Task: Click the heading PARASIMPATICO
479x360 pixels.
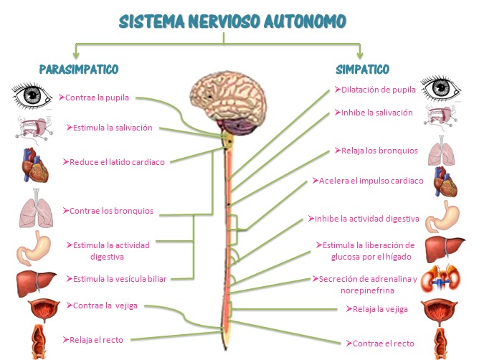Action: pos(79,70)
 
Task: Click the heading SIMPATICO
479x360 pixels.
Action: pos(362,70)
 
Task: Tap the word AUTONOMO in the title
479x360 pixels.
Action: pos(305,22)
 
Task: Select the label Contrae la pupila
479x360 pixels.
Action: pos(94,98)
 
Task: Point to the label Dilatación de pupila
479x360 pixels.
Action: pos(375,90)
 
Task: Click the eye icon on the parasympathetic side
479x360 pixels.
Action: pos(32,95)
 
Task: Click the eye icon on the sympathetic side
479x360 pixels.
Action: pos(440,89)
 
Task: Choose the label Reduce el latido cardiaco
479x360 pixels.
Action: pos(113,162)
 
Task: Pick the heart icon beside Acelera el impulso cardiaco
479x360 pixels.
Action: pos(445,181)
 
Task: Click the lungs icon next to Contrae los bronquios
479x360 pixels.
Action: pos(37,208)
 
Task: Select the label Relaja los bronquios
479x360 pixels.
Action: pos(376,151)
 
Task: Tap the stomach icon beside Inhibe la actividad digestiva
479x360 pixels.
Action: pos(442,217)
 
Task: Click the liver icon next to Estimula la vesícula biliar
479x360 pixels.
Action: pos(36,284)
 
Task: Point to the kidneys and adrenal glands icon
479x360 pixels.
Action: pos(440,279)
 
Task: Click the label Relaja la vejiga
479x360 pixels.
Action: pos(377,309)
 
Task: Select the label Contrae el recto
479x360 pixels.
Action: pos(380,344)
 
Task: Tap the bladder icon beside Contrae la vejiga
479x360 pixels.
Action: pos(44,311)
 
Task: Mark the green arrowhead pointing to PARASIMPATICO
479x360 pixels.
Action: pos(76,55)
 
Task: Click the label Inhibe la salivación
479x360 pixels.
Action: pos(374,113)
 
